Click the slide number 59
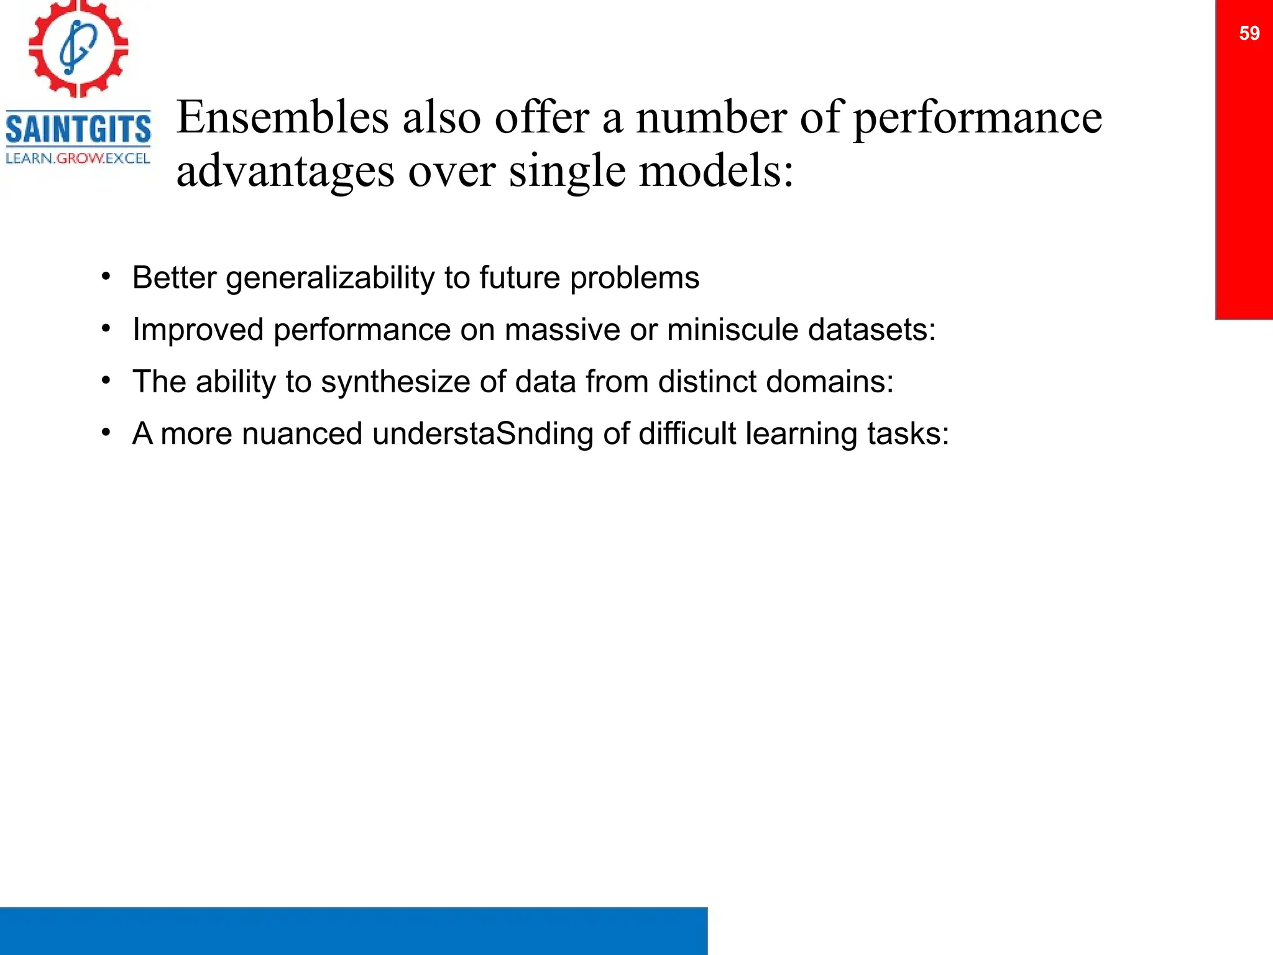1249,33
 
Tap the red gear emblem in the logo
78,48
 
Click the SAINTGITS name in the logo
78,129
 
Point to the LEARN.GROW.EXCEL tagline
78,159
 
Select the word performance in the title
977,118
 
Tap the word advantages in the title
285,171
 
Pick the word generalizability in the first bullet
330,278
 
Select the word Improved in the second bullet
198,330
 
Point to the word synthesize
395,382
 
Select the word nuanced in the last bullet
302,433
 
